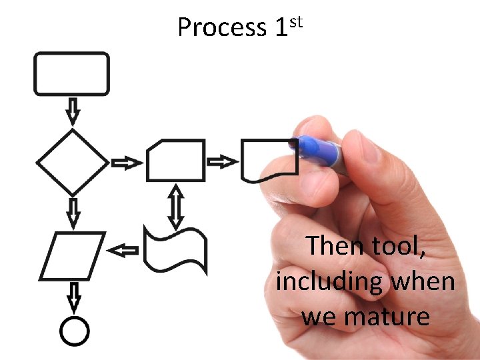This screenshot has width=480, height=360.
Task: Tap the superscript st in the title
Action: coord(297,22)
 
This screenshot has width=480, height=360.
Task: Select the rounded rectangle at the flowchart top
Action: coord(72,73)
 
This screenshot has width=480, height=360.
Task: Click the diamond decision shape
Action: coord(72,163)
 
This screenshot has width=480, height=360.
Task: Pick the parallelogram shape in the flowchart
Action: coord(73,255)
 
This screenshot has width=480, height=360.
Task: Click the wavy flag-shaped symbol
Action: coord(175,249)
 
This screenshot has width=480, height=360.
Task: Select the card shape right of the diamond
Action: coord(175,161)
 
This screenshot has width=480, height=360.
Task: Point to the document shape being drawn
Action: coord(267,161)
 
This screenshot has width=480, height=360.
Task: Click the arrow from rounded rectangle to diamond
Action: coord(73,110)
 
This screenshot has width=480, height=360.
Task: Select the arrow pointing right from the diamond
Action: coord(127,163)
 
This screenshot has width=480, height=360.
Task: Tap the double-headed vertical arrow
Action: coord(175,206)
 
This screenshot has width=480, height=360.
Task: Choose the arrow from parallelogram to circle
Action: coord(74,297)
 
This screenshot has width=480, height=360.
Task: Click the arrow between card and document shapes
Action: coord(222,161)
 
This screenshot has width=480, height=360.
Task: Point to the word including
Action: coord(329,282)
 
